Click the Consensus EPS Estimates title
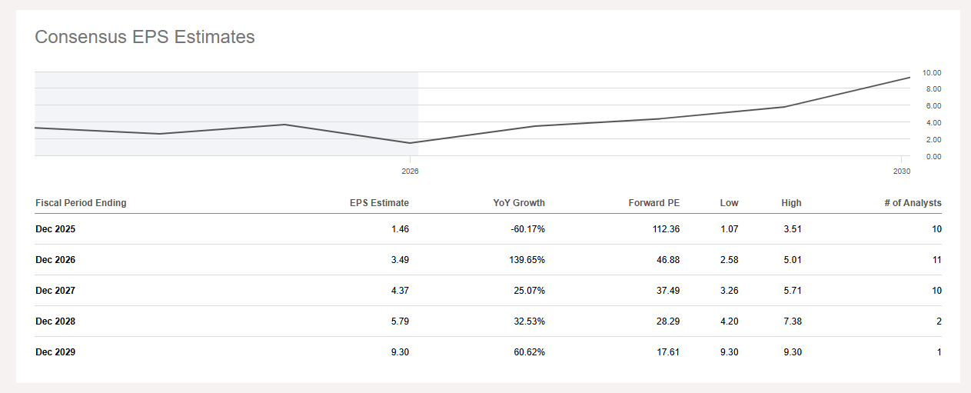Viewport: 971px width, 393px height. [145, 37]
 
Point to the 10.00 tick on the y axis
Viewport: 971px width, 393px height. [932, 73]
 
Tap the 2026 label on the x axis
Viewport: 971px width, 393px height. [410, 171]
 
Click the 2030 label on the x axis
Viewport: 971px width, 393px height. [902, 171]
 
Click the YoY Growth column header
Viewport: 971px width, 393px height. [519, 203]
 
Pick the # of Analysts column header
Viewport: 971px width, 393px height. [912, 203]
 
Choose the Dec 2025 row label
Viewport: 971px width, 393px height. [55, 229]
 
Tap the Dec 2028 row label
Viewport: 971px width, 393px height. [55, 321]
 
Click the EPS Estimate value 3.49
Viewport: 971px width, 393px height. [400, 260]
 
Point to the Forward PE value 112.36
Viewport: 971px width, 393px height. [663, 229]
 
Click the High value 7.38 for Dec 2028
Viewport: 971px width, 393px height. [792, 321]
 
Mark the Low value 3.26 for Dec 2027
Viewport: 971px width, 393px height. [729, 291]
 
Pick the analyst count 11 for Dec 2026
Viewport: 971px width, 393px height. [936, 260]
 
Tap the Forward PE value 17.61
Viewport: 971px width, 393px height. [667, 352]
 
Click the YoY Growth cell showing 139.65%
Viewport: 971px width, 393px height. [526, 260]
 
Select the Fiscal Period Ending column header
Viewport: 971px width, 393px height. [81, 203]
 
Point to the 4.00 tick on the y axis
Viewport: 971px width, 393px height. [932, 123]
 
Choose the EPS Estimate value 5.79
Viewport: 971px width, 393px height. [400, 321]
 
